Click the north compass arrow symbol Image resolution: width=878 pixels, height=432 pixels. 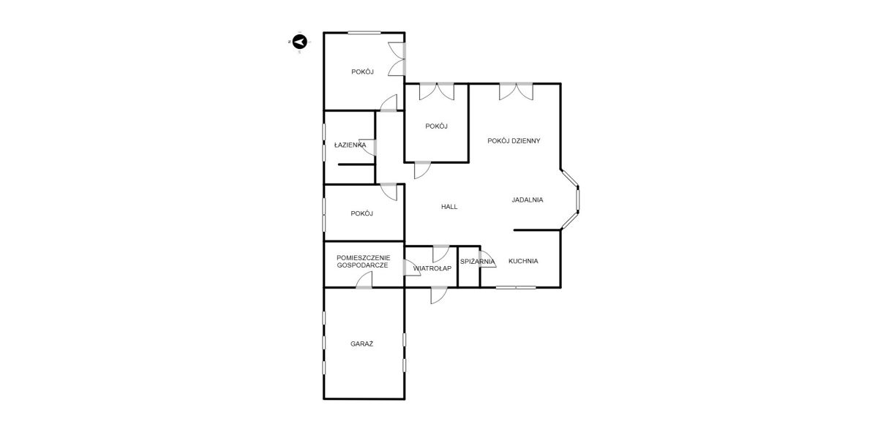(300, 42)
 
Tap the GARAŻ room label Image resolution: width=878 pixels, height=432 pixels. (361, 344)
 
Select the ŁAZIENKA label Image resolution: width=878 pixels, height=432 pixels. (350, 145)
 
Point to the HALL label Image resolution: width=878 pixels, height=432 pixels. (449, 207)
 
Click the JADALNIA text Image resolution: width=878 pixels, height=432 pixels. (528, 200)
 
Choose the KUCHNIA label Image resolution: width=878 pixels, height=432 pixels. (523, 261)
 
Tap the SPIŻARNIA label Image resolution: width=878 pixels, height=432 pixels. (477, 261)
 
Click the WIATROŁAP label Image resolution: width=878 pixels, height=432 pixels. (432, 268)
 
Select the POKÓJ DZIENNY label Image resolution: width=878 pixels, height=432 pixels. (514, 140)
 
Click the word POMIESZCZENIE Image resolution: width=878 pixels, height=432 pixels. (364, 258)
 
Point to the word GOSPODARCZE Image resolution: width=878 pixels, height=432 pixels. (363, 265)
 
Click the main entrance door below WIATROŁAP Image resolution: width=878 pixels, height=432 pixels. (438, 295)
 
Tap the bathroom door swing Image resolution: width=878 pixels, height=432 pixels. (368, 147)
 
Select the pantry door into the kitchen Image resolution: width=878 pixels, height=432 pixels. (487, 259)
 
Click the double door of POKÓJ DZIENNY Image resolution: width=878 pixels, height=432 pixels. (516, 91)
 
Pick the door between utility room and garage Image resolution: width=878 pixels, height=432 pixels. (364, 280)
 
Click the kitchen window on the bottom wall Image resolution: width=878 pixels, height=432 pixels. (516, 287)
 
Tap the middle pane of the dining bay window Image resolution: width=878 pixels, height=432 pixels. (578, 200)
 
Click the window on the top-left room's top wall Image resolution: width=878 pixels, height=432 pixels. (364, 33)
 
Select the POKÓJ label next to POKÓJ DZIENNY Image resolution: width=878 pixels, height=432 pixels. (436, 126)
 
